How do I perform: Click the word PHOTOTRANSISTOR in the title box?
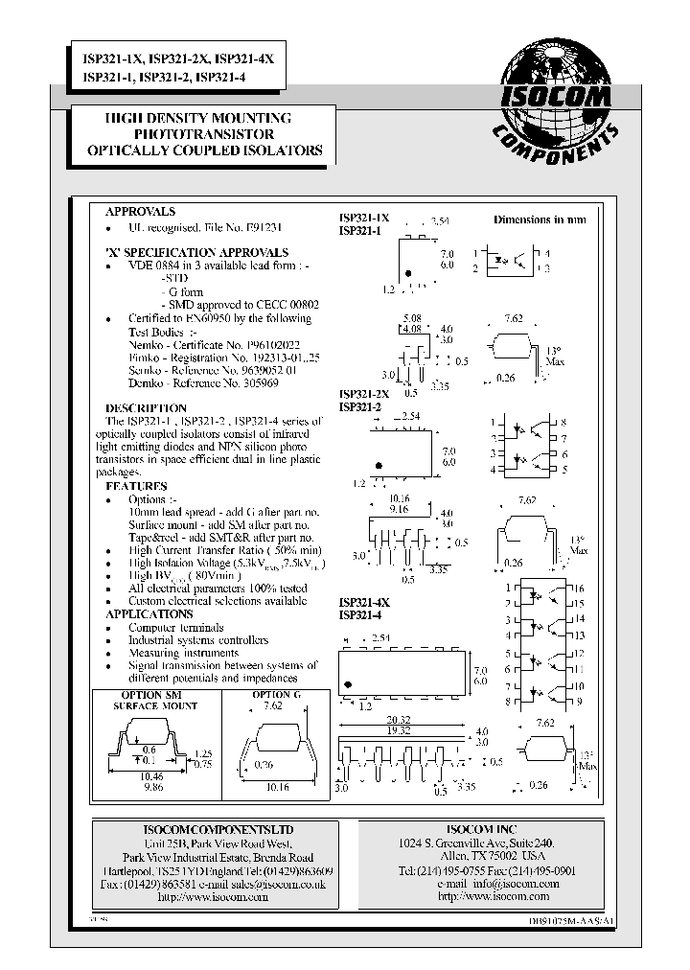click(x=204, y=134)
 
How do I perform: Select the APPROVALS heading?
click(x=140, y=211)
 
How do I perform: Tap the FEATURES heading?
click(x=136, y=487)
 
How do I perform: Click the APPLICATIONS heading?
click(x=149, y=613)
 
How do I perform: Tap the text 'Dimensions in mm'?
click(x=540, y=219)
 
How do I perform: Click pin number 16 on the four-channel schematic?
click(x=579, y=587)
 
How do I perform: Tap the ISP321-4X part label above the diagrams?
click(x=364, y=602)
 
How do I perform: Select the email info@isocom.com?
click(x=508, y=884)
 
